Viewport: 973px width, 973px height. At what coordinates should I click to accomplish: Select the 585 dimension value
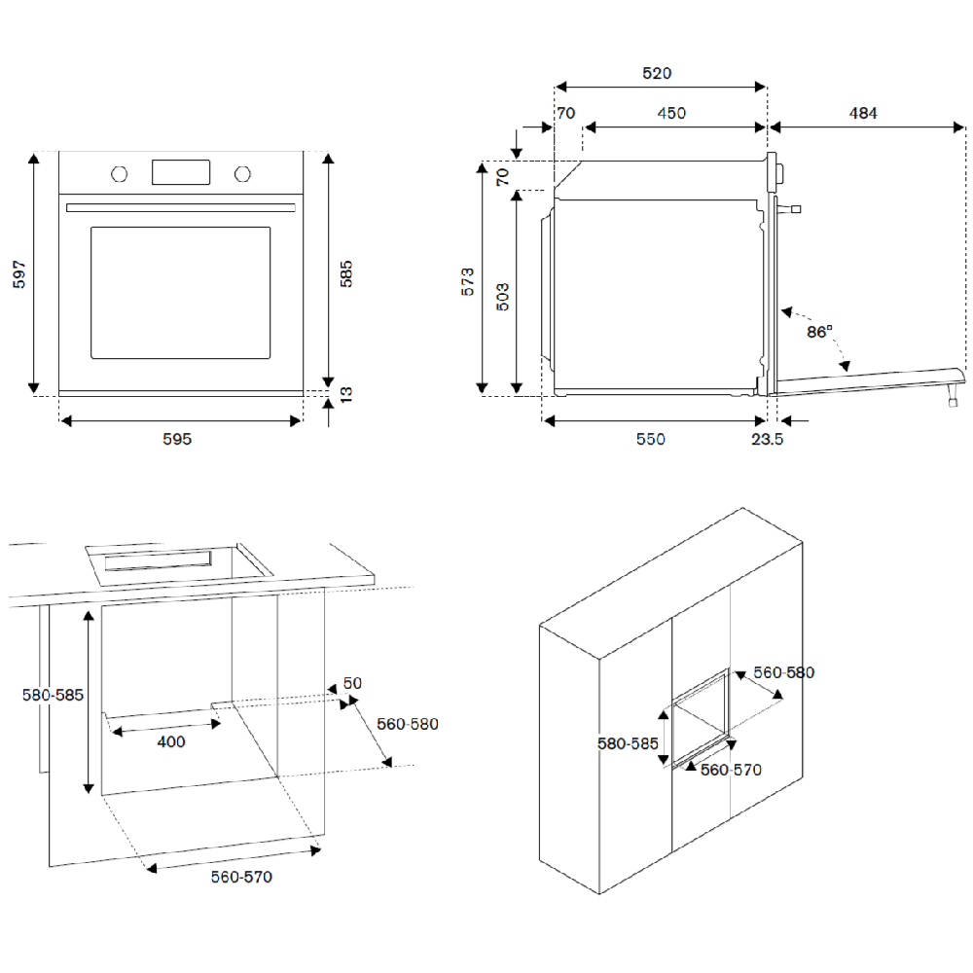[345, 272]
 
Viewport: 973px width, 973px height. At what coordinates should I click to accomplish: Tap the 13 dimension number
[345, 393]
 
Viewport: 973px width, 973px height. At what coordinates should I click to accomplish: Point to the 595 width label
[177, 439]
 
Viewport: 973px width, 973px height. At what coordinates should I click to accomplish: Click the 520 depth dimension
[657, 73]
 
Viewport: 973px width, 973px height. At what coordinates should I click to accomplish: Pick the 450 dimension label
[671, 113]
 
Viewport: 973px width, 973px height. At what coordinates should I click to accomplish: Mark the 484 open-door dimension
[863, 113]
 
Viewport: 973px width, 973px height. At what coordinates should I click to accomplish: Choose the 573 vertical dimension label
[468, 281]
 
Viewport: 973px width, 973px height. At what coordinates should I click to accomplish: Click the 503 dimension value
[503, 296]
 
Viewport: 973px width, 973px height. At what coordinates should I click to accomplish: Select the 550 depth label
[651, 439]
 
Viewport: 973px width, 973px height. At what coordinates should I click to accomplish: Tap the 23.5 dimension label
[768, 439]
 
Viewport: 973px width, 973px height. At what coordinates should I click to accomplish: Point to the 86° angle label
[819, 332]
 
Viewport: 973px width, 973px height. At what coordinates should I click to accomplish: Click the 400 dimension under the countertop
[170, 741]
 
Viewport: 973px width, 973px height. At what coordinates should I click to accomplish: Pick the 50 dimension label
[352, 683]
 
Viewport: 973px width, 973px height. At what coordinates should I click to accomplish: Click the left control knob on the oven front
[120, 174]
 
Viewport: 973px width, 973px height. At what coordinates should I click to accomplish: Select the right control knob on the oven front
[242, 174]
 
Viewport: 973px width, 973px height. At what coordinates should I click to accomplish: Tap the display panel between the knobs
[181, 172]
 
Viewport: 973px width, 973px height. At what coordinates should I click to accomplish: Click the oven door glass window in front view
[180, 292]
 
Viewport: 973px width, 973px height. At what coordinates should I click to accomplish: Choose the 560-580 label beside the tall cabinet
[784, 672]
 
